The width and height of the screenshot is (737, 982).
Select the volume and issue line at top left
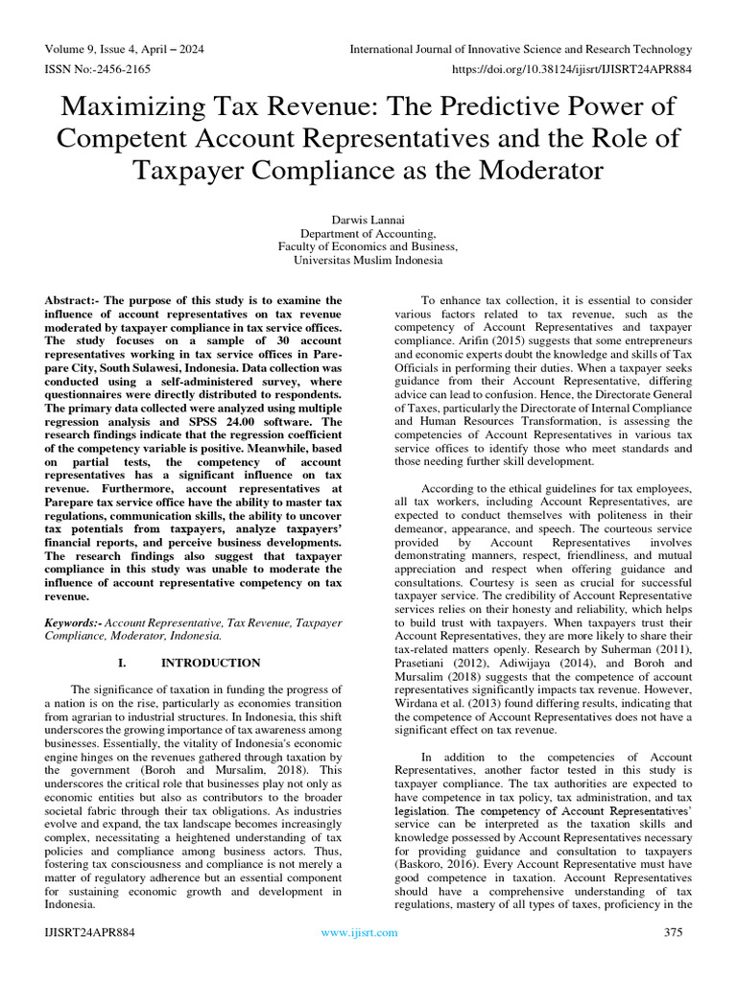click(x=124, y=49)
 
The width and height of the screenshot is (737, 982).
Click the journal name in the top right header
click(x=520, y=49)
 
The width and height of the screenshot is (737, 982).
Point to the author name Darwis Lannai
click(x=368, y=219)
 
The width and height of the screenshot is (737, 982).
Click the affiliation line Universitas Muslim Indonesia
click(x=368, y=259)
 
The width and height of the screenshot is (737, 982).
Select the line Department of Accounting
click(x=368, y=232)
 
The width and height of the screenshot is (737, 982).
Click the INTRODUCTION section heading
click(x=210, y=663)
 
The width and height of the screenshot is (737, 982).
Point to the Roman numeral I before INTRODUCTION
click(x=122, y=663)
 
